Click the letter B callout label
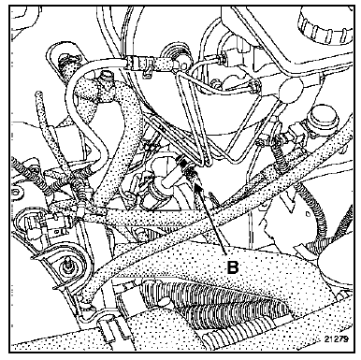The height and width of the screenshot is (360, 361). (x=233, y=267)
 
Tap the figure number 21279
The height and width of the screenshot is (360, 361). (x=336, y=338)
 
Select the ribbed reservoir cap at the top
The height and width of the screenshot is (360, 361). (x=325, y=23)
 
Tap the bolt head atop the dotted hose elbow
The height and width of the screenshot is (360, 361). (x=105, y=76)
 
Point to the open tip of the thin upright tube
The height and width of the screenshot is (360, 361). (x=39, y=94)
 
